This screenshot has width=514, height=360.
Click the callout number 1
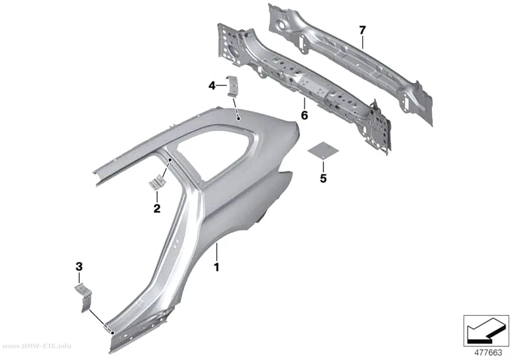pyautogui.click(x=216, y=267)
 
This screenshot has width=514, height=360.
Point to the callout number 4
pyautogui.click(x=212, y=86)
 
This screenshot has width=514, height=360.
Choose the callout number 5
pyautogui.click(x=323, y=178)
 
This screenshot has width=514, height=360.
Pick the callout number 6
pyautogui.click(x=304, y=115)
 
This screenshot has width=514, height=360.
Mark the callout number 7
pyautogui.click(x=362, y=30)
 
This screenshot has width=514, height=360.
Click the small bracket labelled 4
pyautogui.click(x=233, y=86)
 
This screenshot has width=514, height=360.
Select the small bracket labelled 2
pyautogui.click(x=157, y=182)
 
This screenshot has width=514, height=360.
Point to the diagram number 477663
pyautogui.click(x=489, y=353)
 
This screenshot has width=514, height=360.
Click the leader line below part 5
pyautogui.click(x=323, y=166)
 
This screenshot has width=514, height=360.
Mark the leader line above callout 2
pyautogui.click(x=157, y=197)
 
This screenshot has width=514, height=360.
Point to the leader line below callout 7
pyautogui.click(x=363, y=42)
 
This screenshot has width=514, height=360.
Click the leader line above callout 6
pyautogui.click(x=304, y=104)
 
